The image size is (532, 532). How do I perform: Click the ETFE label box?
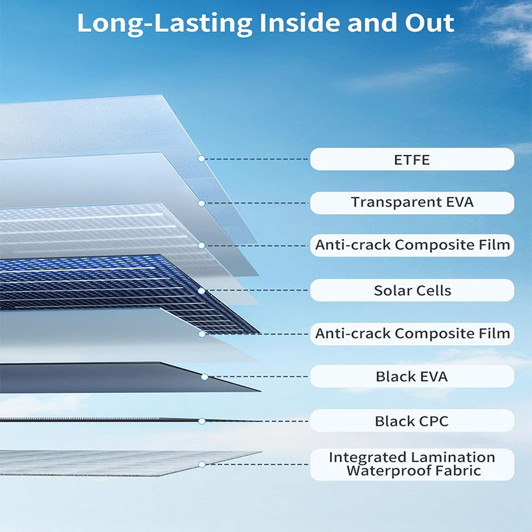coord(412,160)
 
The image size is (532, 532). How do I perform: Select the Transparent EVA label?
coord(412,203)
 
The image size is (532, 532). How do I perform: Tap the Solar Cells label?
coord(412,291)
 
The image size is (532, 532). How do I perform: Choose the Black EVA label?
coord(412,376)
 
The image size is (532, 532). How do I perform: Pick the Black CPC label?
coord(412,421)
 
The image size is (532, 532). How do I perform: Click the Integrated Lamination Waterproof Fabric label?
coord(412,464)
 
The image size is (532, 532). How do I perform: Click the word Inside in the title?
coord(299,23)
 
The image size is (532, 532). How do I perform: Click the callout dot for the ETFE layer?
coord(201,159)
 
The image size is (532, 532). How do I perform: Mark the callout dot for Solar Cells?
coord(201,291)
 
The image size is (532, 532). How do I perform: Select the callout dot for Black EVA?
coord(205,376)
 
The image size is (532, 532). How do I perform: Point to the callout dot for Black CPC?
coord(201,421)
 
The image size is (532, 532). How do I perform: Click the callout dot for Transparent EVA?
coord(201,203)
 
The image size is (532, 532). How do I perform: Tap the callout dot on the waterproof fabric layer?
coord(201,464)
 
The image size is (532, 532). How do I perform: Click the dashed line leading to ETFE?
coord(256,159)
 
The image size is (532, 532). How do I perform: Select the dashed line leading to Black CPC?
coord(256,421)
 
